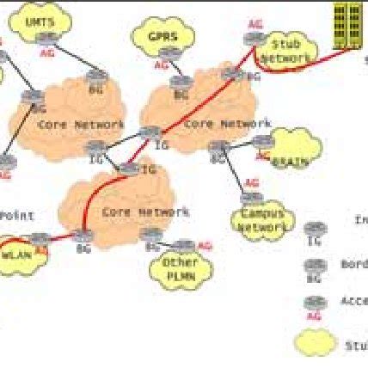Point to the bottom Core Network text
pyautogui.click(x=133, y=212)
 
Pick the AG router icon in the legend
pyautogui.click(x=316, y=302)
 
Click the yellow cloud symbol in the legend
pyautogui.click(x=315, y=342)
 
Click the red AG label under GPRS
pyautogui.click(x=161, y=64)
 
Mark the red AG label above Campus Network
pyautogui.click(x=250, y=183)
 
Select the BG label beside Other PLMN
pyautogui.click(x=152, y=247)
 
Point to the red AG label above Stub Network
pyautogui.click(x=255, y=26)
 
